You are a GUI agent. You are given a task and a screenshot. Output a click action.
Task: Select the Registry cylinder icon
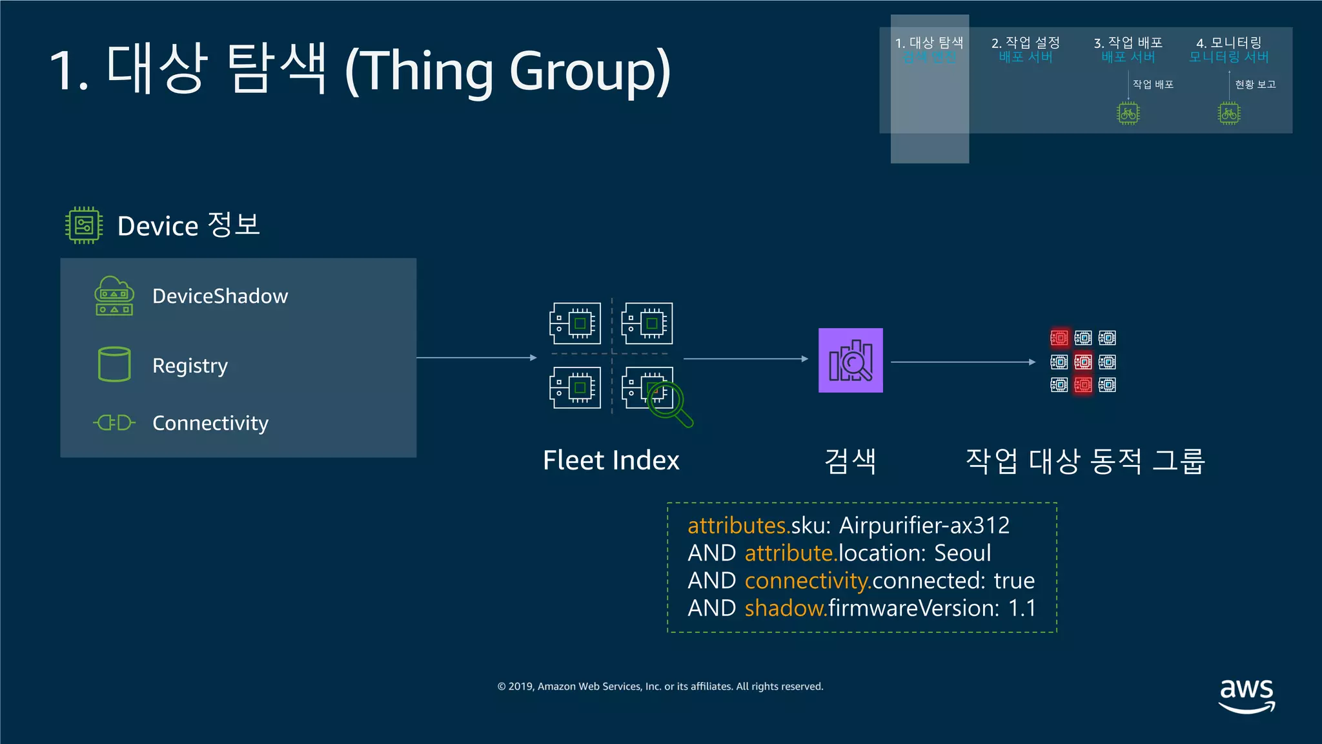click(114, 364)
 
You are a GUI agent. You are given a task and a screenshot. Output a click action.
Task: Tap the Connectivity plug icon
click(114, 423)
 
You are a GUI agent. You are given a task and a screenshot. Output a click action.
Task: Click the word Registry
click(190, 366)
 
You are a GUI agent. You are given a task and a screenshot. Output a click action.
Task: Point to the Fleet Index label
click(611, 460)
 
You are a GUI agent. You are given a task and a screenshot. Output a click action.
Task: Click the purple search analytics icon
click(850, 360)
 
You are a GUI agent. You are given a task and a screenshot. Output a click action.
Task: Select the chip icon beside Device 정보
click(84, 225)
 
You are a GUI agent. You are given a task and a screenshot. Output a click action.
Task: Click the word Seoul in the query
click(962, 553)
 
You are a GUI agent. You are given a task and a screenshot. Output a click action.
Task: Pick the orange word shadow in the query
click(785, 608)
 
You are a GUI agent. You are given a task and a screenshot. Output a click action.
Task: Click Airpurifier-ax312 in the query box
click(924, 526)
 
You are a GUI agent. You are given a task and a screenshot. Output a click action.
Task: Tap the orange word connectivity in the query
click(807, 581)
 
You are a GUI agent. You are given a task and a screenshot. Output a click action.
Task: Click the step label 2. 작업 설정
click(1025, 43)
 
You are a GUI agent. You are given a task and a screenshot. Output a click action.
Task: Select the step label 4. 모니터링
click(1228, 43)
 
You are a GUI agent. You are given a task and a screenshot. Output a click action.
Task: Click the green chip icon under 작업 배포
click(1128, 114)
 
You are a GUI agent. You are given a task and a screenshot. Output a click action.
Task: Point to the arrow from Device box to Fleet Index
click(476, 357)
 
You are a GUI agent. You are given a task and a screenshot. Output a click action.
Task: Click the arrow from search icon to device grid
click(962, 362)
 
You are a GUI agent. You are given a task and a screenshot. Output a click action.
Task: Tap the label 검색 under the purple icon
click(850, 461)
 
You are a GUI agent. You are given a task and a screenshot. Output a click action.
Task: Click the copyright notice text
click(660, 687)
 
